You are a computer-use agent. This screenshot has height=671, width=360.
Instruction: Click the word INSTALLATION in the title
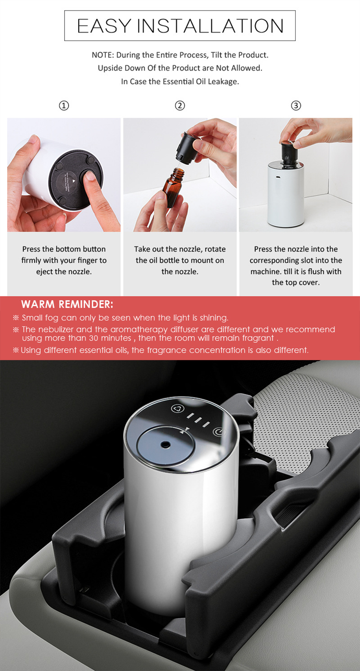[210, 26]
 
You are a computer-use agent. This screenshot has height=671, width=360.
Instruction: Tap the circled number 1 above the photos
[64, 106]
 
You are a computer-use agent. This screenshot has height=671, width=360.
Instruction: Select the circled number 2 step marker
[180, 106]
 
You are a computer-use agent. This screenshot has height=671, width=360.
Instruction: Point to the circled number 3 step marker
[296, 106]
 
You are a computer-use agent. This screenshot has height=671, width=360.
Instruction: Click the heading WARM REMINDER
[67, 305]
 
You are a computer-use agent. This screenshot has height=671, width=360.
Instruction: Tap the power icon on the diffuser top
[219, 432]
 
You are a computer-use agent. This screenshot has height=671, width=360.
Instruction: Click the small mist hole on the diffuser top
[165, 444]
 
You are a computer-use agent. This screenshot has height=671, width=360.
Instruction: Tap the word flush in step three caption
[316, 271]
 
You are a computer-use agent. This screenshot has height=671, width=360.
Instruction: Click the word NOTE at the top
[102, 55]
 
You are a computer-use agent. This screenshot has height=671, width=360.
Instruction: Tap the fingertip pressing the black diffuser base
[90, 178]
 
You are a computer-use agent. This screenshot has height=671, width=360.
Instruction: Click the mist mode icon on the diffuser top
[178, 408]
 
